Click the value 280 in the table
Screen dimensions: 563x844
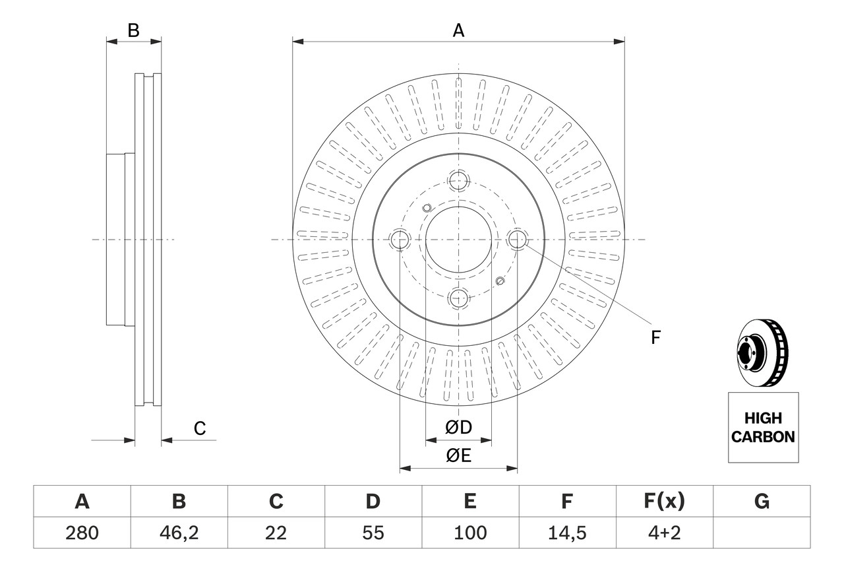pyautogui.click(x=82, y=533)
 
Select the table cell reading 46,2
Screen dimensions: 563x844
pyautogui.click(x=179, y=533)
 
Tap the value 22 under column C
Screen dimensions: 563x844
pyautogui.click(x=276, y=533)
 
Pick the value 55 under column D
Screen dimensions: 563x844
pyautogui.click(x=373, y=533)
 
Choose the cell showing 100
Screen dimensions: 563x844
pyautogui.click(x=470, y=533)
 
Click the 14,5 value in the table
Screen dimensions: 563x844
pyautogui.click(x=567, y=533)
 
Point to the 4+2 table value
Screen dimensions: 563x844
pyautogui.click(x=664, y=533)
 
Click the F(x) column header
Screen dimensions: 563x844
pyautogui.click(x=664, y=502)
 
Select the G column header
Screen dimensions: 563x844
pyautogui.click(x=762, y=502)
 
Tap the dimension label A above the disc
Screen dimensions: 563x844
pyautogui.click(x=458, y=30)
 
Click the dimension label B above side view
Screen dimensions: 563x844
pyautogui.click(x=133, y=30)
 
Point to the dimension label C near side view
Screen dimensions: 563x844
pyautogui.click(x=200, y=429)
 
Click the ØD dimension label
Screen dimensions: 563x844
pyautogui.click(x=459, y=428)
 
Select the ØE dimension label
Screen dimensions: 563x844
pyautogui.click(x=459, y=455)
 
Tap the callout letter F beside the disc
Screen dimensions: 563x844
pyautogui.click(x=655, y=338)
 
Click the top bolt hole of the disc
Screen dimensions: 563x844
pyautogui.click(x=458, y=180)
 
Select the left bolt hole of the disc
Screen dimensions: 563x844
pyautogui.click(x=400, y=240)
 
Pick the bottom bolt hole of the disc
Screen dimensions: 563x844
pyautogui.click(x=458, y=298)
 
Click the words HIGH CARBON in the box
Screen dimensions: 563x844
pyautogui.click(x=763, y=427)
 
